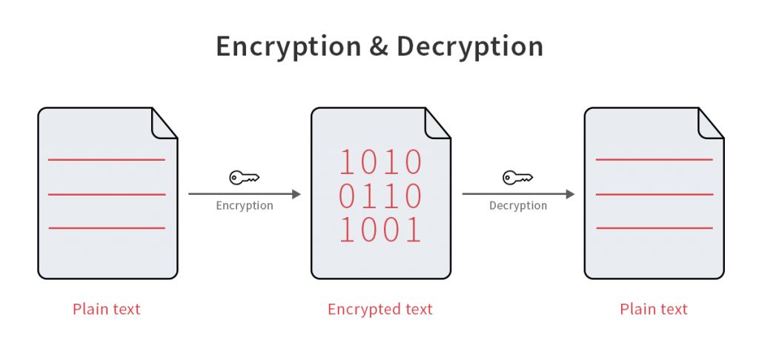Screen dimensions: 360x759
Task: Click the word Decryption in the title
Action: pyautogui.click(x=469, y=47)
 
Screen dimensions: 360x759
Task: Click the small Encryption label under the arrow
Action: pyautogui.click(x=245, y=206)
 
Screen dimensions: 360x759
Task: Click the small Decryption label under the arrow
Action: pyautogui.click(x=518, y=206)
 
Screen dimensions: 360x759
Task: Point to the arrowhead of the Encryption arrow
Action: pyautogui.click(x=296, y=194)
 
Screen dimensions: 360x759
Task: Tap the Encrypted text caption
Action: pyautogui.click(x=380, y=309)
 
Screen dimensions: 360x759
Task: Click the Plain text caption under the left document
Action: pyautogui.click(x=107, y=309)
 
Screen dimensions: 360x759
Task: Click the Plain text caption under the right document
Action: pyautogui.click(x=654, y=309)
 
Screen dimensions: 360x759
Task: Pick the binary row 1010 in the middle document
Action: pyautogui.click(x=380, y=162)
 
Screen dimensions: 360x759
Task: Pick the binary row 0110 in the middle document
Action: pyautogui.click(x=380, y=196)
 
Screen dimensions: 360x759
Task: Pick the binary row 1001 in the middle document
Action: pyautogui.click(x=380, y=230)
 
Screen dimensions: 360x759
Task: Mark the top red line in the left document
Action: pyautogui.click(x=107, y=159)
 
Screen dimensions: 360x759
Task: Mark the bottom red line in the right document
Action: pyautogui.click(x=654, y=228)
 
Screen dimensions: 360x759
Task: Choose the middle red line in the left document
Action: pyautogui.click(x=107, y=194)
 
